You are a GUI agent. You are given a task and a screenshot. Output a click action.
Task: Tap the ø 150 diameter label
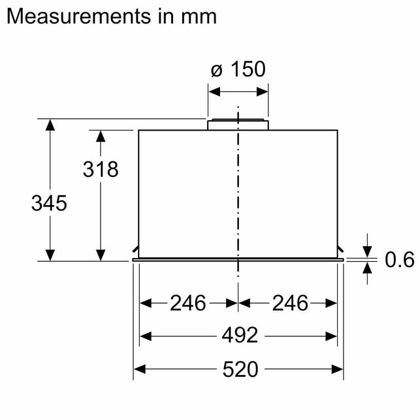tap(238, 69)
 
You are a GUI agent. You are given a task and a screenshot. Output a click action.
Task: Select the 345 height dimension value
tap(49, 203)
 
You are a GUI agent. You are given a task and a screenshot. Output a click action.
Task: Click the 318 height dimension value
tap(101, 169)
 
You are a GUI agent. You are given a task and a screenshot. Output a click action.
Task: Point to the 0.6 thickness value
tap(400, 259)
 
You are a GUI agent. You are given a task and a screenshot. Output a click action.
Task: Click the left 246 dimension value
tap(188, 303)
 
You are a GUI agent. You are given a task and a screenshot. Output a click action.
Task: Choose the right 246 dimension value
tap(290, 303)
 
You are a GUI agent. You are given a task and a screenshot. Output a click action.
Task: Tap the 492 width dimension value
tap(240, 335)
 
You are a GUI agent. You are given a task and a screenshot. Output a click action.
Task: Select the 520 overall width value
tap(240, 369)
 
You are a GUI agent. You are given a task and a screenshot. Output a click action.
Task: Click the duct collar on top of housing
tap(238, 125)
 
